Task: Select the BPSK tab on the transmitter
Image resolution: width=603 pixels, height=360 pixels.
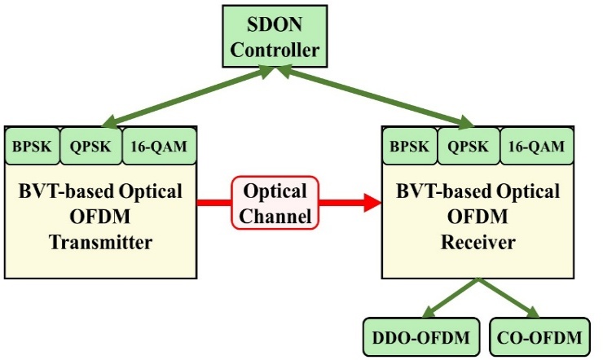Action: click(32, 146)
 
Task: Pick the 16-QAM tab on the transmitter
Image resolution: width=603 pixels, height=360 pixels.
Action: click(158, 146)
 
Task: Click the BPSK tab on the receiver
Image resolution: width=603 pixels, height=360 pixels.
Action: click(408, 146)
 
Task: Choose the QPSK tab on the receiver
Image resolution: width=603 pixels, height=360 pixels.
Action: click(468, 146)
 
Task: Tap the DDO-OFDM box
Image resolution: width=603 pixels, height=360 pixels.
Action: click(419, 336)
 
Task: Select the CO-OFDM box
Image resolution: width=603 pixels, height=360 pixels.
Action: click(539, 336)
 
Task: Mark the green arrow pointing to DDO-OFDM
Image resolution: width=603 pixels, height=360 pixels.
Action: click(449, 299)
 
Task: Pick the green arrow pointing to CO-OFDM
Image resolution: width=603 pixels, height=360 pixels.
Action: click(510, 299)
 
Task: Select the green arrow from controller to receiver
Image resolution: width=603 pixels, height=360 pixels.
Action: click(375, 98)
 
